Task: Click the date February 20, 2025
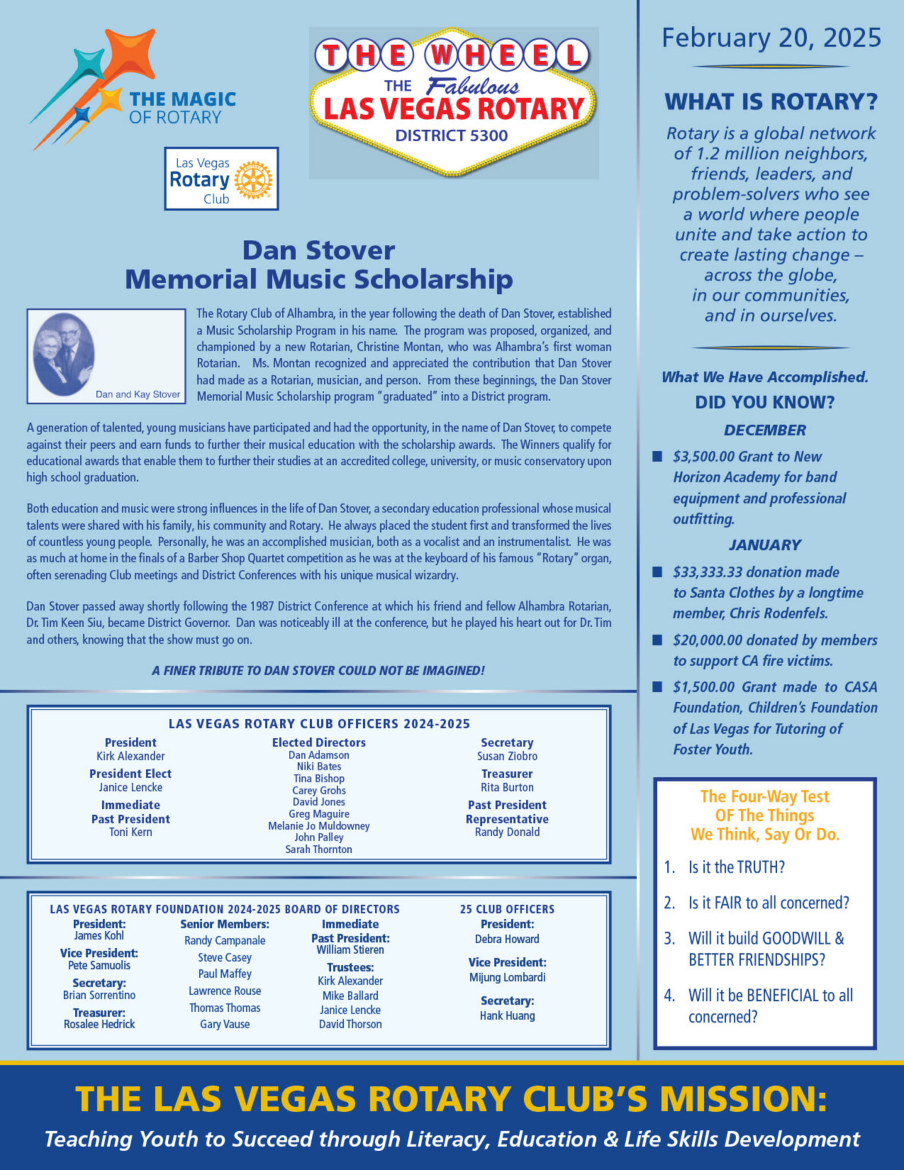point(771,38)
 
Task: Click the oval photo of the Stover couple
point(64,354)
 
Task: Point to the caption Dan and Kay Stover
point(138,394)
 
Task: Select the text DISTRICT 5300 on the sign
point(451,135)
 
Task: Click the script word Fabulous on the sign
point(473,86)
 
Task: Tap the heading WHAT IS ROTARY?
point(771,102)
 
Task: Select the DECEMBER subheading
point(765,430)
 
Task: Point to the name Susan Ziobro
point(507,756)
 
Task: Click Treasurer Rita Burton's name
point(507,787)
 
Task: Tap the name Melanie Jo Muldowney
point(319,826)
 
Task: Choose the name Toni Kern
point(130,832)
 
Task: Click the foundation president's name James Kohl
point(99,936)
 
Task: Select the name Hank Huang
point(507,1016)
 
